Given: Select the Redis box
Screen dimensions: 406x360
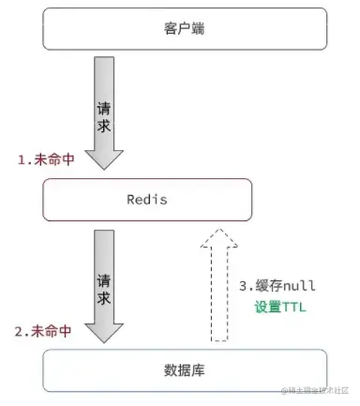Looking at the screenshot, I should [x=147, y=199].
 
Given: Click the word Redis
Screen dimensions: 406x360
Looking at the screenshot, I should [x=146, y=199].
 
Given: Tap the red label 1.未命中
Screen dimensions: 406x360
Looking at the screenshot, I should [x=44, y=160].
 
